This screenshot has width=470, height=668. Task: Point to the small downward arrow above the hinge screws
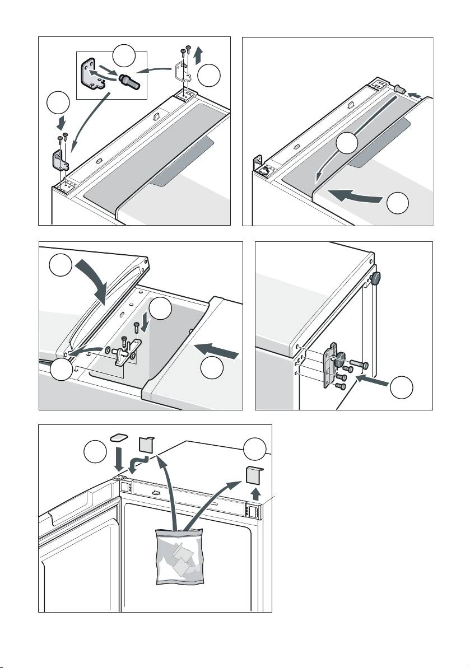click(x=146, y=323)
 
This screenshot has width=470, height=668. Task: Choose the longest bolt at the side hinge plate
click(x=357, y=366)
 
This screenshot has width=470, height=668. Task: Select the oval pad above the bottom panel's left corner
click(x=119, y=437)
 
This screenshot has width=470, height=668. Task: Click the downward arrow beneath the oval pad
click(x=119, y=460)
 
